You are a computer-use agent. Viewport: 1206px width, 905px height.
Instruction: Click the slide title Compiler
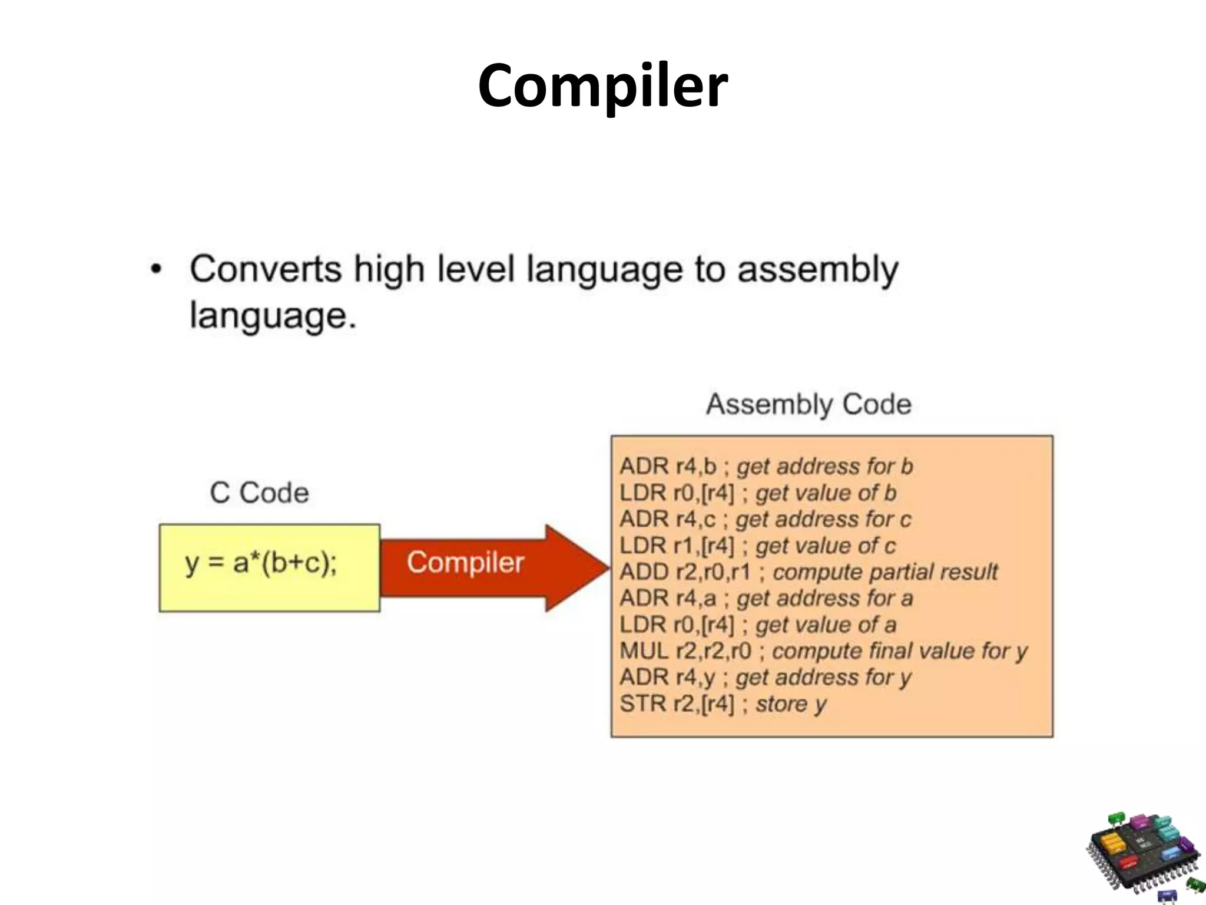coord(602,86)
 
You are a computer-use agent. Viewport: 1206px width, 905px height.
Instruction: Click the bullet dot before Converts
coord(155,270)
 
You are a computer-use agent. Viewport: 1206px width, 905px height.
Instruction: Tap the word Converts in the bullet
coord(265,270)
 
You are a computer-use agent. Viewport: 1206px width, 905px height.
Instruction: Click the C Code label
coord(259,493)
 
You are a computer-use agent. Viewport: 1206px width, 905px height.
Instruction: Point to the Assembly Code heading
coord(809,404)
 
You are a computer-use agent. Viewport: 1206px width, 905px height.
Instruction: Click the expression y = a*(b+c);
coord(261,563)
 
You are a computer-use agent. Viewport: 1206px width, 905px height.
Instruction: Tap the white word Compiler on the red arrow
coord(465,562)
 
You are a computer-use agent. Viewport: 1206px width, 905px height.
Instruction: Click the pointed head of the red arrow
coord(580,567)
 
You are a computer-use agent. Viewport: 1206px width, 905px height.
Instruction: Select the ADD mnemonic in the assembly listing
coord(644,572)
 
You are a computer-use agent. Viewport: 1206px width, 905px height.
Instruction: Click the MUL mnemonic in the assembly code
coord(644,651)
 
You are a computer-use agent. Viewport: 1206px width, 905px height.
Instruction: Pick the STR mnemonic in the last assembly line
coord(642,703)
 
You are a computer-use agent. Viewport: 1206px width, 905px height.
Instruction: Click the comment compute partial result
coord(885,572)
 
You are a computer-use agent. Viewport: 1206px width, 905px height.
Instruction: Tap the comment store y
coord(791,704)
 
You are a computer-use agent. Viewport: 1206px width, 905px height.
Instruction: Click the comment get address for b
coord(824,467)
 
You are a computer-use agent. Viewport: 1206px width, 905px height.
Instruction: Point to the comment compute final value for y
coord(899,652)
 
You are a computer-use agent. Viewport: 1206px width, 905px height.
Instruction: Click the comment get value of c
coord(825,546)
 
